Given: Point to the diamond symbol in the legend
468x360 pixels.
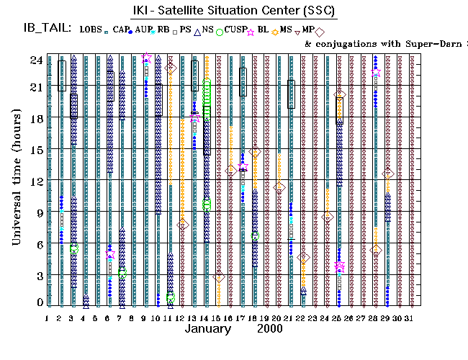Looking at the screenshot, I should click(x=319, y=31).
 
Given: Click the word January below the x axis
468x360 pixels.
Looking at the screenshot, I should click(x=208, y=329).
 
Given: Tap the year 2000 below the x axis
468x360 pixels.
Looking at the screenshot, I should click(x=269, y=329).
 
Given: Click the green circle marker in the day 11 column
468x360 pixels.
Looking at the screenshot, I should click(x=171, y=297).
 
